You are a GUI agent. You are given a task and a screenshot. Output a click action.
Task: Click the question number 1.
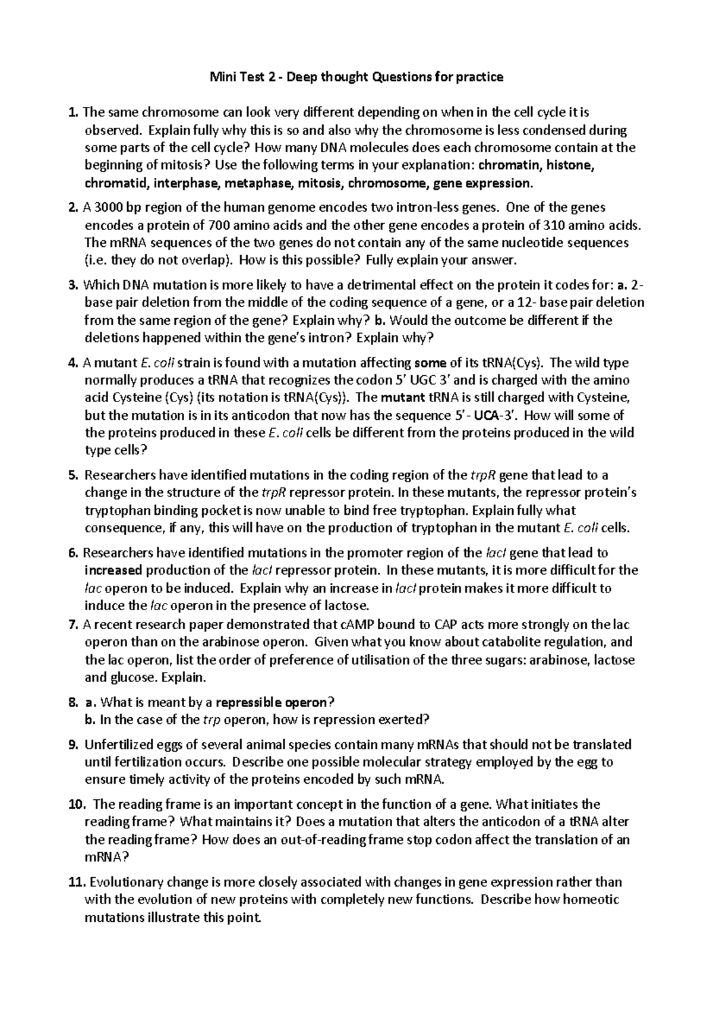(73, 112)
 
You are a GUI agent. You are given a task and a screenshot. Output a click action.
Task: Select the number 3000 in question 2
(106, 208)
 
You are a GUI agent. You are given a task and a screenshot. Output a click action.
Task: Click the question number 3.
(73, 285)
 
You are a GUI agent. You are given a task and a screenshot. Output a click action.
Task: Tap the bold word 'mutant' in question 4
(402, 398)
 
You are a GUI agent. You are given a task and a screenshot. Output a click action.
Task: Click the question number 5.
(73, 475)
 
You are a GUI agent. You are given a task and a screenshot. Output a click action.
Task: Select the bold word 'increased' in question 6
(113, 570)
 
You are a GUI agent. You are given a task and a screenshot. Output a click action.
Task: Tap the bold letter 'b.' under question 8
(90, 720)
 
